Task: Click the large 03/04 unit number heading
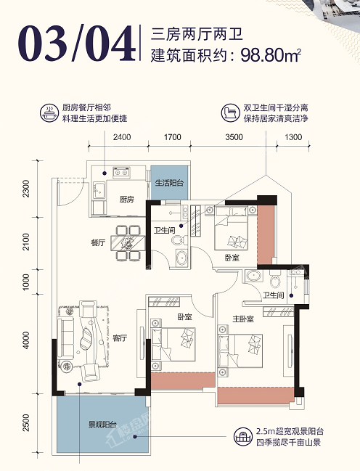pyautogui.click(x=76, y=44)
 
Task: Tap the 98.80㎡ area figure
pyautogui.click(x=271, y=55)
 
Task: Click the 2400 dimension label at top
pyautogui.click(x=122, y=137)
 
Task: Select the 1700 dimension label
pyautogui.click(x=173, y=137)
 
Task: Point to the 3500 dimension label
pyautogui.click(x=234, y=137)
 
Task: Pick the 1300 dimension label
pyautogui.click(x=293, y=137)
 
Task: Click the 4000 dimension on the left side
pyautogui.click(x=26, y=340)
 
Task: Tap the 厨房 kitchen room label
pyautogui.click(x=126, y=199)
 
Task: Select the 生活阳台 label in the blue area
pyautogui.click(x=169, y=183)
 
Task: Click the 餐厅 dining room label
pyautogui.click(x=98, y=242)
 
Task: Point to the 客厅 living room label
pyautogui.click(x=120, y=338)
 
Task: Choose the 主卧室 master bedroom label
pyautogui.click(x=243, y=319)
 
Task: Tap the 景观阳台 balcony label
pyautogui.click(x=102, y=425)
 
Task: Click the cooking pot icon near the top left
pyautogui.click(x=49, y=113)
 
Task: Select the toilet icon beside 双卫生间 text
pyautogui.click(x=231, y=113)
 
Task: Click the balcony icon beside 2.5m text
pyautogui.click(x=243, y=437)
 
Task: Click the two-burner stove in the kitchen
pyautogui.click(x=121, y=173)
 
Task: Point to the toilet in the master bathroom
pyautogui.click(x=274, y=279)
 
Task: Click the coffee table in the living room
pyautogui.click(x=86, y=338)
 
